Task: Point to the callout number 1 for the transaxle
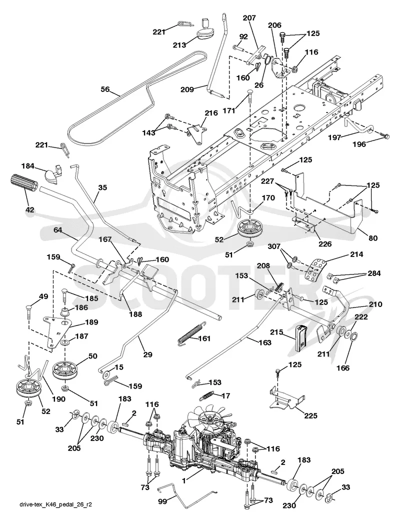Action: (184, 481)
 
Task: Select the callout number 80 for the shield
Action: (372, 238)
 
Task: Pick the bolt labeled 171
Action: (249, 97)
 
